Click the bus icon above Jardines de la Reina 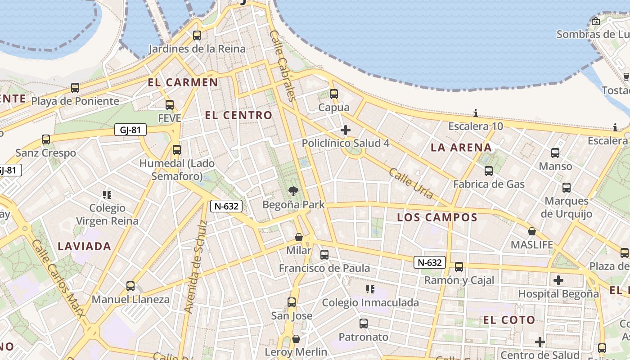coord(197,36)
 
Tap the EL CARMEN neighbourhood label coord(183,82)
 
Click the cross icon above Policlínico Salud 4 coord(346,130)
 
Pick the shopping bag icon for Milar coord(298,237)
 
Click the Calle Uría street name coord(411,184)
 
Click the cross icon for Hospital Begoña coord(558,281)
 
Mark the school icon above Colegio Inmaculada coord(370,289)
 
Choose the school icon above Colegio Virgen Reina coord(107,195)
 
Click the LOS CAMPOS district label coord(437,218)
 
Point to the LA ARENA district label coord(461,148)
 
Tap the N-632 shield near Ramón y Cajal coord(430,262)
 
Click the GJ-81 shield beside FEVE coord(130,130)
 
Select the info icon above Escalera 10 coord(476,113)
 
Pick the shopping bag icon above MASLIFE coord(532,232)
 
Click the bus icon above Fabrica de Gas coord(489,171)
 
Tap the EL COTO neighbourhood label coord(509,320)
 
